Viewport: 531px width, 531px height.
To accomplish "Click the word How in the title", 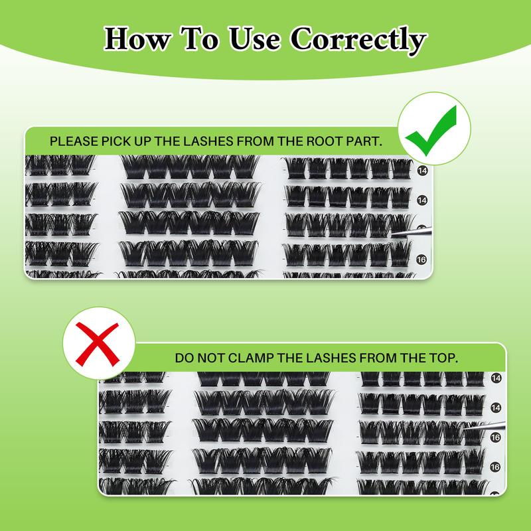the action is click(x=137, y=39).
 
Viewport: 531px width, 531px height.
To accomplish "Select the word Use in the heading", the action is click(x=255, y=39).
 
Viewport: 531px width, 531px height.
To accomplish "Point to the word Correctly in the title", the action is click(x=358, y=40).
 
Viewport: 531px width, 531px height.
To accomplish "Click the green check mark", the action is click(x=431, y=130).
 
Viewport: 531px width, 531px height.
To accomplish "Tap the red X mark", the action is click(x=98, y=344).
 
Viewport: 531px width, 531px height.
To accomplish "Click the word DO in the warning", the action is click(x=185, y=358).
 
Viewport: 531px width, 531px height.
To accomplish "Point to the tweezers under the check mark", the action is click(x=411, y=232).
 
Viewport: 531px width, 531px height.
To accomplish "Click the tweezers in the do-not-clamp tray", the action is click(x=485, y=425).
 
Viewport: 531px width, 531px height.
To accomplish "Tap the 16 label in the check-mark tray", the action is click(x=421, y=260).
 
